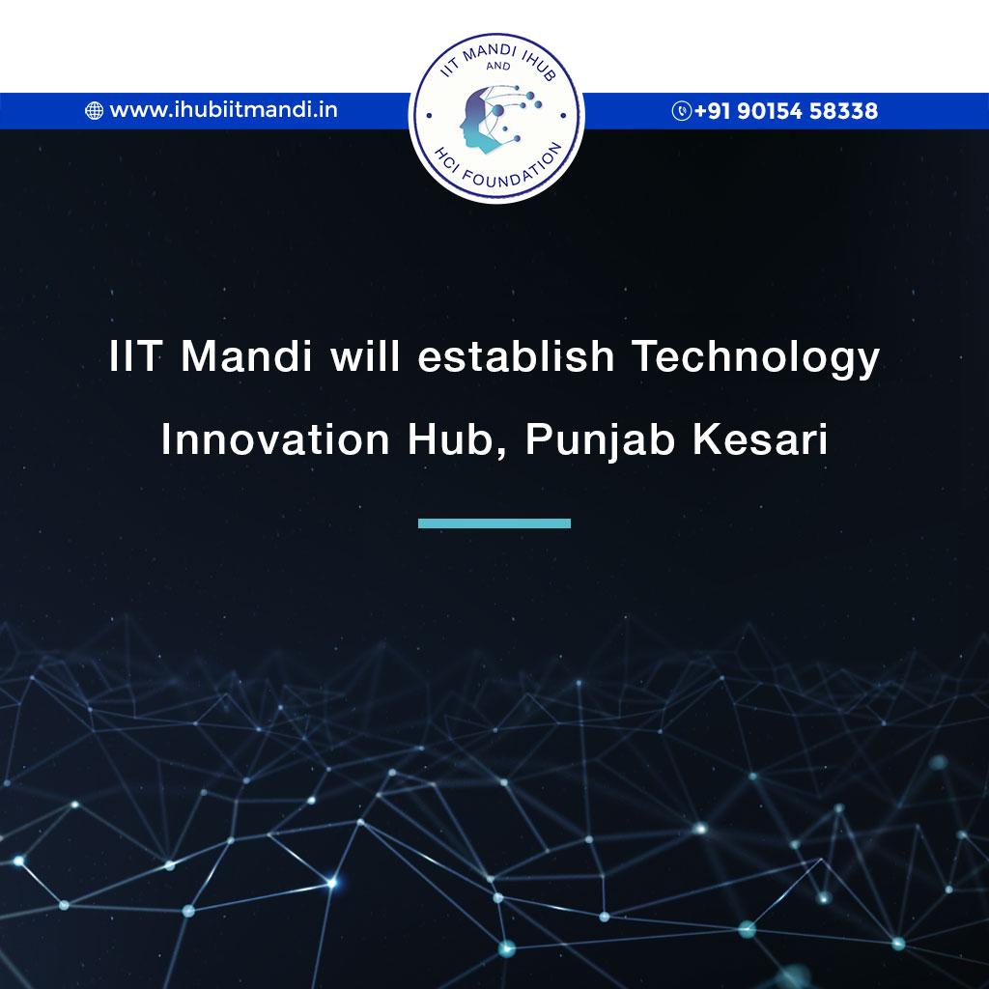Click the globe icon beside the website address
[x=94, y=110]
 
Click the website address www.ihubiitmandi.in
[x=223, y=110]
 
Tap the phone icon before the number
[x=681, y=110]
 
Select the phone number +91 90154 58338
[x=786, y=110]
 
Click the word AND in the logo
[x=498, y=66]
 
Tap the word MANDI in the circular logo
[x=491, y=53]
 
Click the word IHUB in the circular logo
[x=538, y=67]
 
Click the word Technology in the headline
[x=755, y=357]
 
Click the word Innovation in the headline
[x=275, y=439]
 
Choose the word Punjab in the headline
[x=600, y=440]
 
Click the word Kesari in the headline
[x=760, y=439]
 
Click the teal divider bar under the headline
[x=494, y=523]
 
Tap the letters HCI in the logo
[x=445, y=159]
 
